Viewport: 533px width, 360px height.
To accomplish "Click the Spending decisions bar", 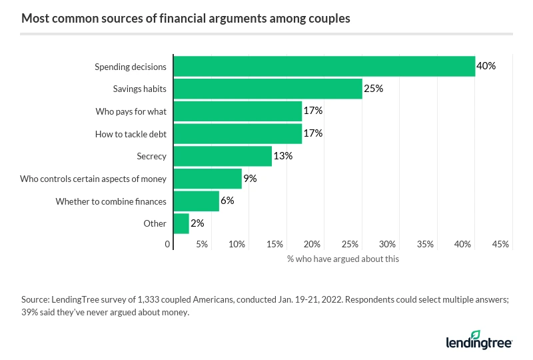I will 324,67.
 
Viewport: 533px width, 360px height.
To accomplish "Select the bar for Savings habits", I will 267,89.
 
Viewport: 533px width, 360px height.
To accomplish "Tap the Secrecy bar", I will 222,156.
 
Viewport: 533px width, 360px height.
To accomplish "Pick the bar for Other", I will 181,223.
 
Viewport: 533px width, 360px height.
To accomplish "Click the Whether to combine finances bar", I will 196,201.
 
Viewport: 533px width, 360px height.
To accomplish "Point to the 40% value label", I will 486,67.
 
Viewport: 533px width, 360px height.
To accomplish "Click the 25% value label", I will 373,89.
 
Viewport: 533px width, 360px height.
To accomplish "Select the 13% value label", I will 282,156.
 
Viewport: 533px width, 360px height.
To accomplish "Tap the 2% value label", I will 197,223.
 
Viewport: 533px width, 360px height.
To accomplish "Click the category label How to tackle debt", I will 131,134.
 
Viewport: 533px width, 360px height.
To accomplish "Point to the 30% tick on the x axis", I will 387,245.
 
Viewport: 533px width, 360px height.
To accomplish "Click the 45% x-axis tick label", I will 500,245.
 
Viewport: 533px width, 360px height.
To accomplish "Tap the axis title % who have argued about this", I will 342,259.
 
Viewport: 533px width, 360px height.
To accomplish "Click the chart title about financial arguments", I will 186,18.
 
